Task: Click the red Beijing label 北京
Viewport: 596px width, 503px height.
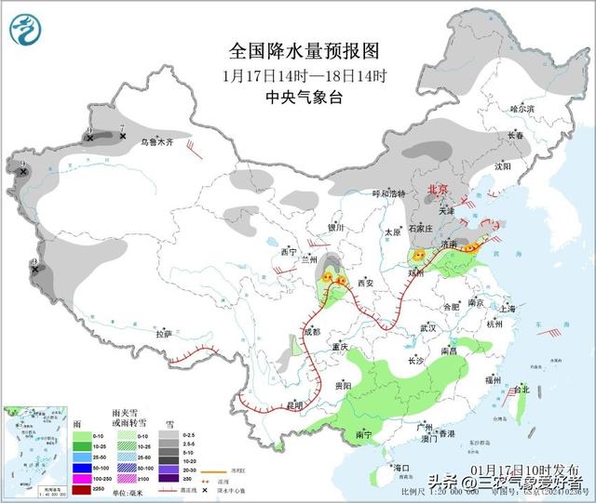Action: click(x=437, y=190)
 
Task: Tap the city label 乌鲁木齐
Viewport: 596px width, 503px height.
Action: click(x=157, y=143)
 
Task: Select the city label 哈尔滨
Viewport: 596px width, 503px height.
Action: click(x=522, y=110)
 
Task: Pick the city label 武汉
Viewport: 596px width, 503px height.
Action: click(x=428, y=328)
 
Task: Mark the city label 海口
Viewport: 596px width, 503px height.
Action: click(x=401, y=468)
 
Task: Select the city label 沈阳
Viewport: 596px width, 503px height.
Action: click(x=504, y=166)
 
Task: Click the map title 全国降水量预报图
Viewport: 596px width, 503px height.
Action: click(x=305, y=51)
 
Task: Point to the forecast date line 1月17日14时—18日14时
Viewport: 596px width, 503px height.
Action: click(x=305, y=75)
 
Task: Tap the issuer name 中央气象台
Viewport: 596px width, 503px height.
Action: click(x=305, y=97)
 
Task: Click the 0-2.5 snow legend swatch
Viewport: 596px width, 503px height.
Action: click(x=174, y=435)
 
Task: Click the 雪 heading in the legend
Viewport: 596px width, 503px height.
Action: click(x=169, y=423)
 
